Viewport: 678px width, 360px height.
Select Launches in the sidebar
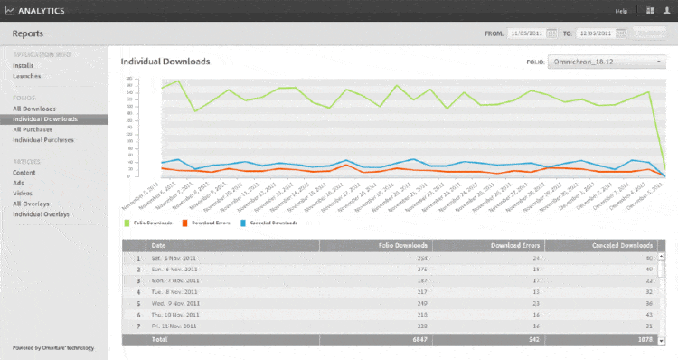click(27, 76)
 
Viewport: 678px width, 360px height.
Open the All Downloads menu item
click(33, 109)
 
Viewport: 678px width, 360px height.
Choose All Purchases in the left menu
click(33, 129)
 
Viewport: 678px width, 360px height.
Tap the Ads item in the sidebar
click(18, 183)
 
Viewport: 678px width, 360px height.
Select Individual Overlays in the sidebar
click(41, 214)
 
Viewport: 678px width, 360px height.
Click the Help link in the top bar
click(621, 11)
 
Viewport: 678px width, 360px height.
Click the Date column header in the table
click(159, 245)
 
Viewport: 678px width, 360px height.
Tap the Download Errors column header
click(515, 245)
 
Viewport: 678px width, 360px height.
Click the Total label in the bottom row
click(160, 339)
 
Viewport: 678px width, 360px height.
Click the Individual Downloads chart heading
click(165, 62)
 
